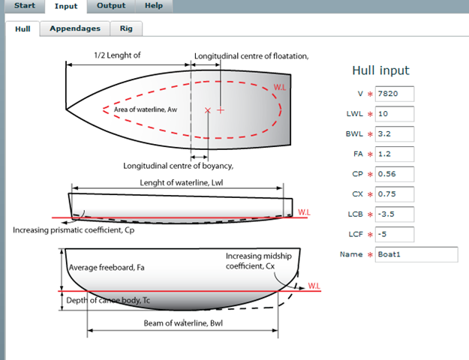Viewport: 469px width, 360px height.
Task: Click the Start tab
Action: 25,6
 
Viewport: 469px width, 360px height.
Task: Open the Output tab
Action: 111,6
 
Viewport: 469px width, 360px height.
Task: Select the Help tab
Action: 154,6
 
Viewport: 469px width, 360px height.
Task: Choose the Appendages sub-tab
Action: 75,28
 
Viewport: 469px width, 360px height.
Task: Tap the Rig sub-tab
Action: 126,28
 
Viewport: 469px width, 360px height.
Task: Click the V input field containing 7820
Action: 395,94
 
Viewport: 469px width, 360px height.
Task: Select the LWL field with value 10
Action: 395,114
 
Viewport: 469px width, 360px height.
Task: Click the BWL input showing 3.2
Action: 395,134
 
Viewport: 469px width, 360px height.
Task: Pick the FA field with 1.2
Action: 395,154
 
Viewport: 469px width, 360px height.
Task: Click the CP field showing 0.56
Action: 395,174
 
